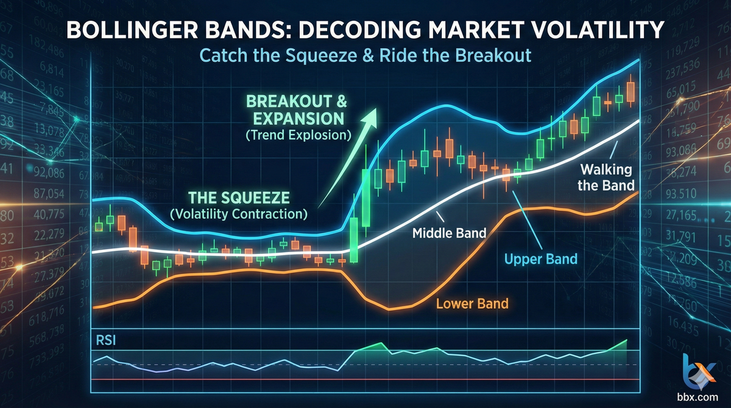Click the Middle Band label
click(449, 232)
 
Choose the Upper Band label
click(541, 259)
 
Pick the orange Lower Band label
click(472, 303)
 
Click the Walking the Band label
click(606, 177)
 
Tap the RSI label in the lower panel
click(105, 340)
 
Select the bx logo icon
click(700, 369)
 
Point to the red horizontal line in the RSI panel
click(365, 379)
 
